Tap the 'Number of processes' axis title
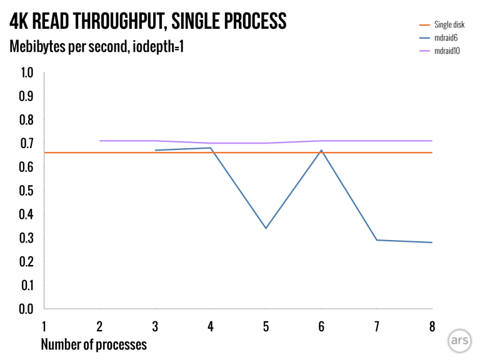tap(94, 344)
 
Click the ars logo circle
tap(458, 341)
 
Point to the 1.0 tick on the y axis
tap(27, 72)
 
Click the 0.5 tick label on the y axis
tap(27, 191)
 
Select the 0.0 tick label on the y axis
tap(27, 309)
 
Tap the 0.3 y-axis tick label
tap(27, 238)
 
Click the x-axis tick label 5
tap(266, 326)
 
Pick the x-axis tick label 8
tap(432, 326)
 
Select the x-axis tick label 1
tap(44, 326)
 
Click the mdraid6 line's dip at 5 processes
tap(266, 228)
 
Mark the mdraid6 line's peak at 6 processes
tap(321, 150)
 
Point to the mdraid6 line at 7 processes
tap(377, 240)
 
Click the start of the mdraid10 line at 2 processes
tap(100, 141)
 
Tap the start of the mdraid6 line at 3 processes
tap(156, 150)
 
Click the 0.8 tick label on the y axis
tap(27, 119)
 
